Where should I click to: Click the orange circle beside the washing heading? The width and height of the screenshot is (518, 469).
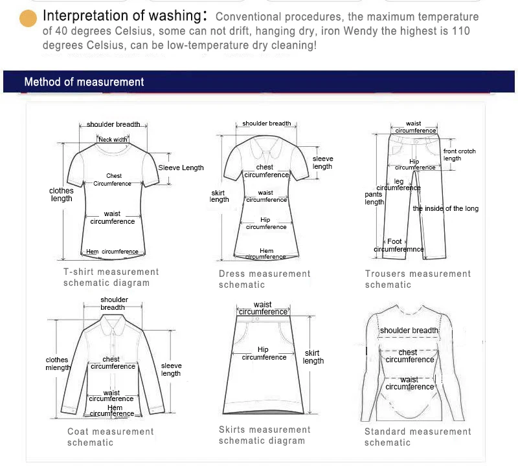click(28, 18)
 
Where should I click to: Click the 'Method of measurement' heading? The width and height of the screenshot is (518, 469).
click(84, 82)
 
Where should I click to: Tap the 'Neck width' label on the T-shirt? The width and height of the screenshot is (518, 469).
click(113, 139)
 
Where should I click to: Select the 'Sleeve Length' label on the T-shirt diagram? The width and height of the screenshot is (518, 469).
click(181, 168)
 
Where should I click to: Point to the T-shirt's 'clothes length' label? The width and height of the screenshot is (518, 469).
click(62, 195)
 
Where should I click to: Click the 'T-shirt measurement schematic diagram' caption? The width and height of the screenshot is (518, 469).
click(111, 278)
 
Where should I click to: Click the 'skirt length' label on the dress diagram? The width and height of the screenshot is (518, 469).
click(220, 196)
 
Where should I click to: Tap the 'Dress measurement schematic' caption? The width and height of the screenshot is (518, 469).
click(264, 279)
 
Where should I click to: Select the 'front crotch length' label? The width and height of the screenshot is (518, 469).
click(459, 155)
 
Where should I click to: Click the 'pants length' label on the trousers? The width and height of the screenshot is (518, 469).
click(374, 198)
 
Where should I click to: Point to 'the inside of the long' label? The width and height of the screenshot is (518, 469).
click(446, 208)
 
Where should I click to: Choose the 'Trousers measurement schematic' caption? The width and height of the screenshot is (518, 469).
click(418, 279)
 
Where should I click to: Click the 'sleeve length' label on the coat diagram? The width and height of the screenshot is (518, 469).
click(171, 369)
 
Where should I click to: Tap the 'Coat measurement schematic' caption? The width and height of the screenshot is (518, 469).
click(110, 437)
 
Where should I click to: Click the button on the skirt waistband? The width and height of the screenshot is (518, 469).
click(256, 319)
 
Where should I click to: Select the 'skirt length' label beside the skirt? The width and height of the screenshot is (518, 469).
click(313, 357)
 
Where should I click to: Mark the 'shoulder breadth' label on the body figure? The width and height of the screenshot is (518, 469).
click(409, 331)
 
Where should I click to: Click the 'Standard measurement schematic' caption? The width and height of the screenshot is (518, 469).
click(418, 437)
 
